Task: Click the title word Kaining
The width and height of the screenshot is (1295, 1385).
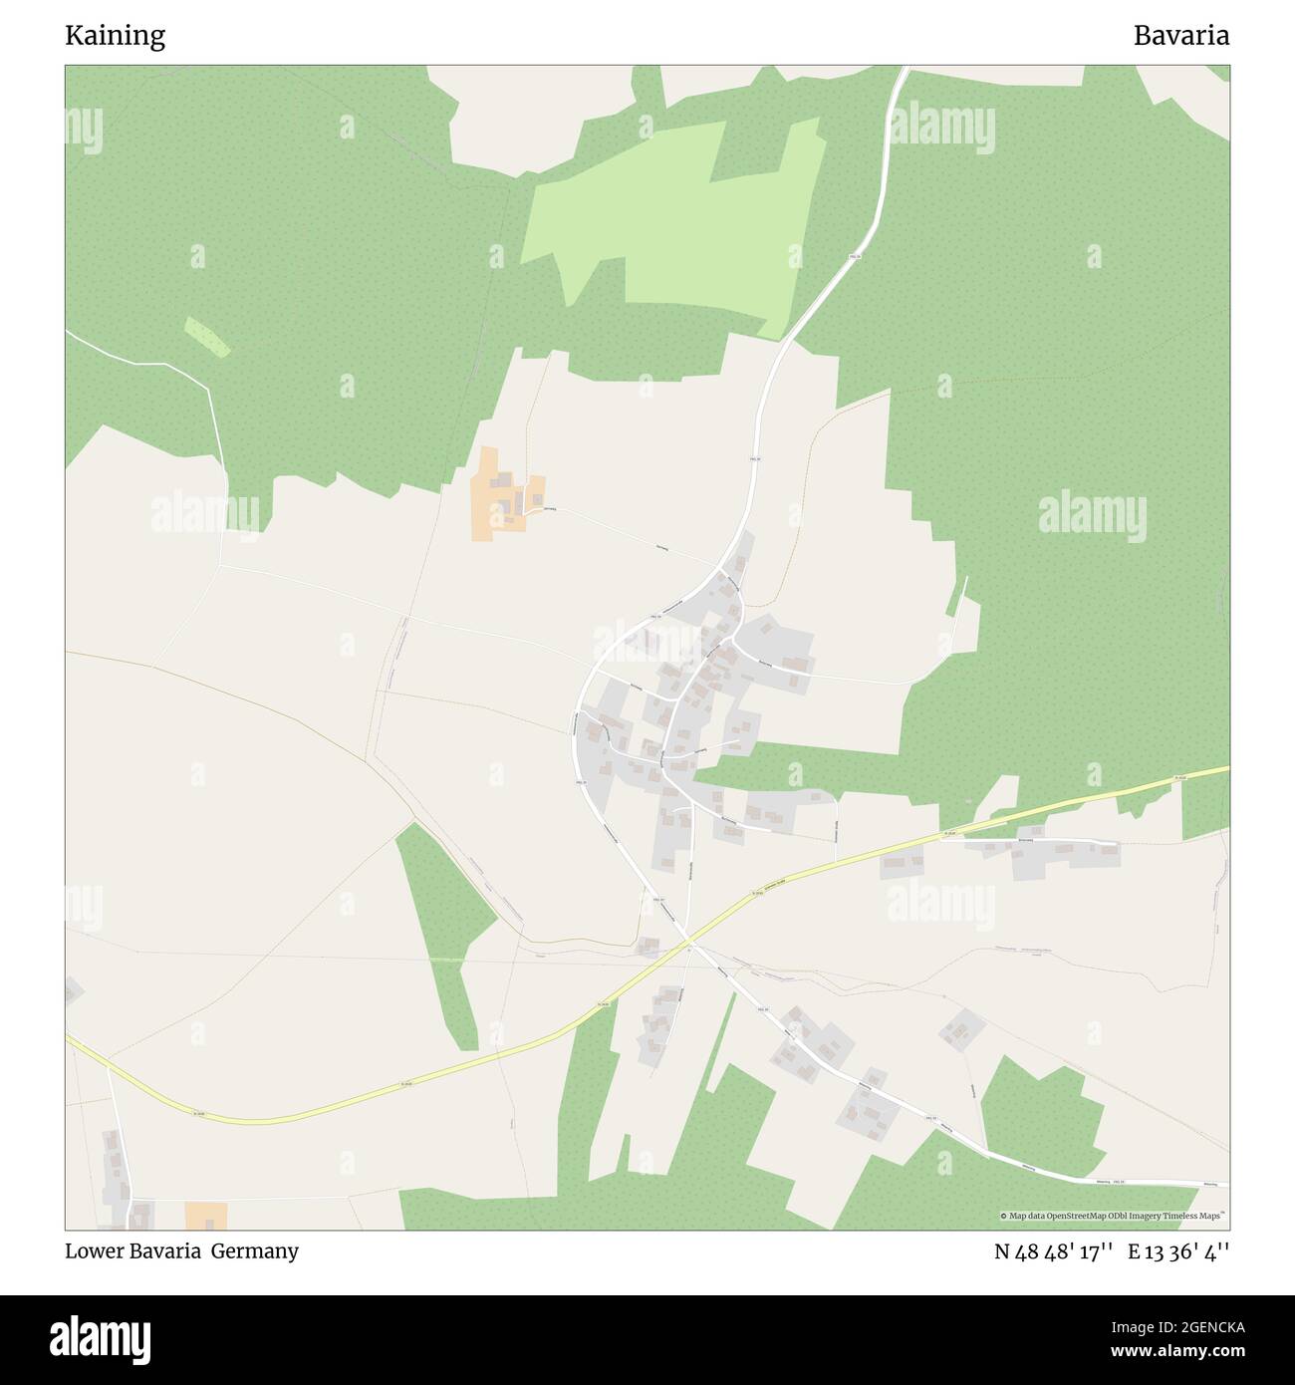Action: pyautogui.click(x=116, y=36)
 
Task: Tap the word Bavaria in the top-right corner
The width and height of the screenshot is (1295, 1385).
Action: pyautogui.click(x=1180, y=36)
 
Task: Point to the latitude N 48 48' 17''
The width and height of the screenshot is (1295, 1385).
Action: pyautogui.click(x=1053, y=1251)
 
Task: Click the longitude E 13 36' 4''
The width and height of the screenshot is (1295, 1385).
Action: pyautogui.click(x=1178, y=1251)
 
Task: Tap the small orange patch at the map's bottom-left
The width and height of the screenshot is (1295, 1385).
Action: pyautogui.click(x=206, y=1215)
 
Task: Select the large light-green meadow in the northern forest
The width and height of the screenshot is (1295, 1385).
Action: pyautogui.click(x=687, y=229)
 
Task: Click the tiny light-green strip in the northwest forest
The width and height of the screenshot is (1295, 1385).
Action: pyautogui.click(x=207, y=337)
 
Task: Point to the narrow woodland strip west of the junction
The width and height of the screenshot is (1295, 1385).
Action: pyautogui.click(x=445, y=927)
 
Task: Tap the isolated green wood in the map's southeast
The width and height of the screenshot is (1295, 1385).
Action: pyautogui.click(x=1041, y=1111)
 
